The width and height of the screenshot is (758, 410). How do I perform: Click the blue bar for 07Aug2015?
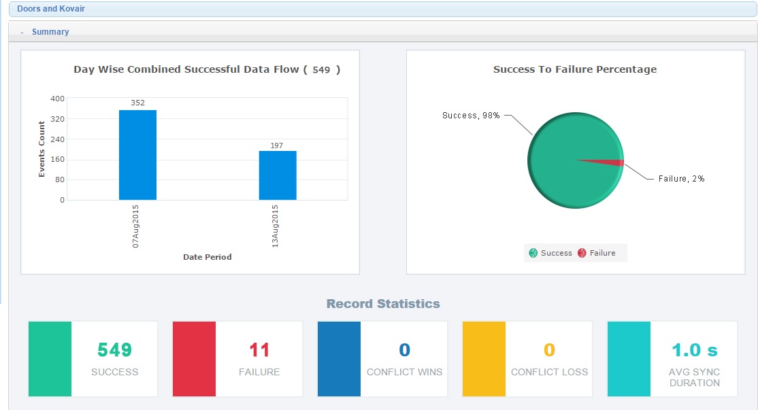pos(137,155)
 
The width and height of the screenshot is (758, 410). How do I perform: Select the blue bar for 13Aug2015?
pos(278,175)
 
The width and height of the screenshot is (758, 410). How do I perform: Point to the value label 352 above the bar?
pos(137,103)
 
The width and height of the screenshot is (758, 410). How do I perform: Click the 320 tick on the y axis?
pos(57,119)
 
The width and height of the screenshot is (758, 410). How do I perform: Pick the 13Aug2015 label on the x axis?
pos(276,226)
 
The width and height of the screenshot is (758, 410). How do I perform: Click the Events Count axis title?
pos(42,150)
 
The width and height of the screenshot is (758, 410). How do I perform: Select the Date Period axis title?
pos(208,257)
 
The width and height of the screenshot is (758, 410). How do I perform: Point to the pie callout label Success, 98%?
pos(471,116)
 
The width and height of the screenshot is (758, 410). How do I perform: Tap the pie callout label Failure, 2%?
pos(681,179)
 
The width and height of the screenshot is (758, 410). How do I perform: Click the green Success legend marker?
pos(533,253)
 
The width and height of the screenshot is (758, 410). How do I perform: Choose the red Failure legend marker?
pos(582,253)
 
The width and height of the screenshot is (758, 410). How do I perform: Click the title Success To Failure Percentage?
pos(575,69)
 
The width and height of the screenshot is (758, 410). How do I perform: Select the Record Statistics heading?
pos(383,304)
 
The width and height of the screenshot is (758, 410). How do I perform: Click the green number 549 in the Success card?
pos(114,350)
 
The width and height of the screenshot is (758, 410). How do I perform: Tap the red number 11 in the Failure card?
pos(259,350)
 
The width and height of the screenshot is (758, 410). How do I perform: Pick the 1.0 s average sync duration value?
pos(694,350)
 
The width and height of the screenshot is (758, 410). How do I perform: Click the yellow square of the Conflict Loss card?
pos(484,359)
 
